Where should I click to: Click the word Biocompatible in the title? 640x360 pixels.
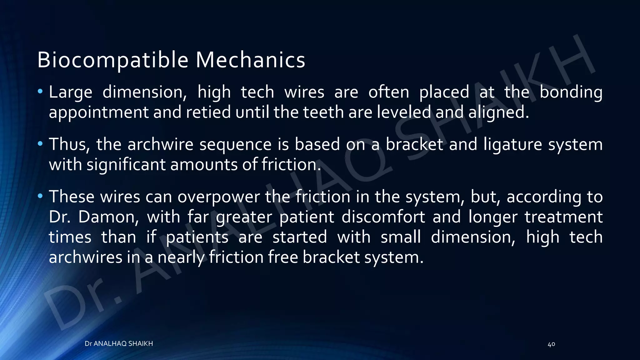113,60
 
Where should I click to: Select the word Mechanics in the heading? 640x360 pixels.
250,60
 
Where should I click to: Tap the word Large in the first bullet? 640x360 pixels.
71,92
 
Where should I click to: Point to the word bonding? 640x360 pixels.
571,92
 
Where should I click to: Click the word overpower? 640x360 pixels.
219,197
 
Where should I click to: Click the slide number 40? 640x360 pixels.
551,344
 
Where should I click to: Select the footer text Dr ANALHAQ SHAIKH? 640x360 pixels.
119,344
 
